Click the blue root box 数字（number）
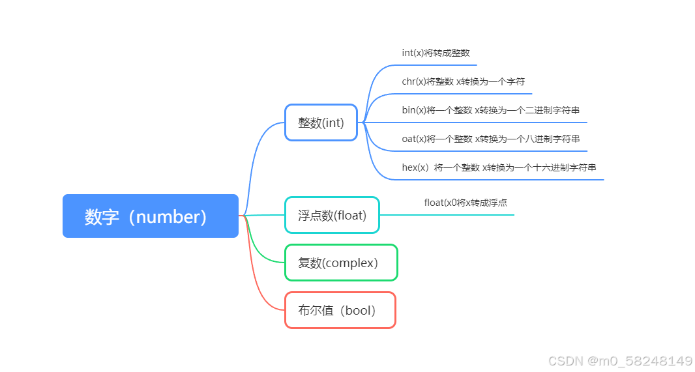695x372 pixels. [x=151, y=216]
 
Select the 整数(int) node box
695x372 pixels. [x=321, y=122]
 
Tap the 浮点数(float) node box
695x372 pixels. [x=332, y=215]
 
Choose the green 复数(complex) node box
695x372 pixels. [x=341, y=263]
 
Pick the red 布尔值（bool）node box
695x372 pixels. [x=340, y=310]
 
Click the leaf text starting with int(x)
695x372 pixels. [x=436, y=53]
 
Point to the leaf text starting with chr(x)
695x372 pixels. [x=463, y=81]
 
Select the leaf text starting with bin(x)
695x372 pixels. [x=490, y=110]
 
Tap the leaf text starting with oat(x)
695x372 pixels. [x=490, y=139]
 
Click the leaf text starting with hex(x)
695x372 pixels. [x=499, y=167]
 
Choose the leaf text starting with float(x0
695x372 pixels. [x=466, y=203]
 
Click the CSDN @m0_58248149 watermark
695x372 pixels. [x=620, y=360]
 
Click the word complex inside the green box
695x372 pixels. [x=350, y=263]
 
